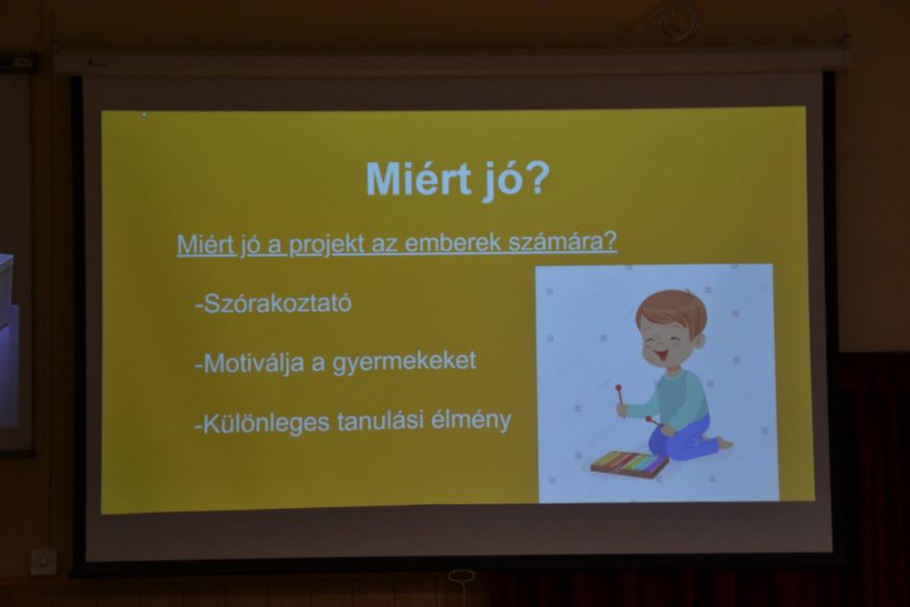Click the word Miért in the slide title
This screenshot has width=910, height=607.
[419, 178]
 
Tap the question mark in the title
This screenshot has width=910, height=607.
[535, 177]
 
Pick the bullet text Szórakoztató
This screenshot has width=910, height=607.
[273, 303]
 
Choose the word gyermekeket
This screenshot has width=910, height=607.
[404, 362]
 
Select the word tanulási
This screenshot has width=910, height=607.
[379, 421]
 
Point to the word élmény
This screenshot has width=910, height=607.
[470, 419]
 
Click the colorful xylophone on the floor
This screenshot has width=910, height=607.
[629, 465]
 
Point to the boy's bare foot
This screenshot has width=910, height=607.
[723, 443]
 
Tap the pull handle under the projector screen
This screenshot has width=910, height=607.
[462, 577]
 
